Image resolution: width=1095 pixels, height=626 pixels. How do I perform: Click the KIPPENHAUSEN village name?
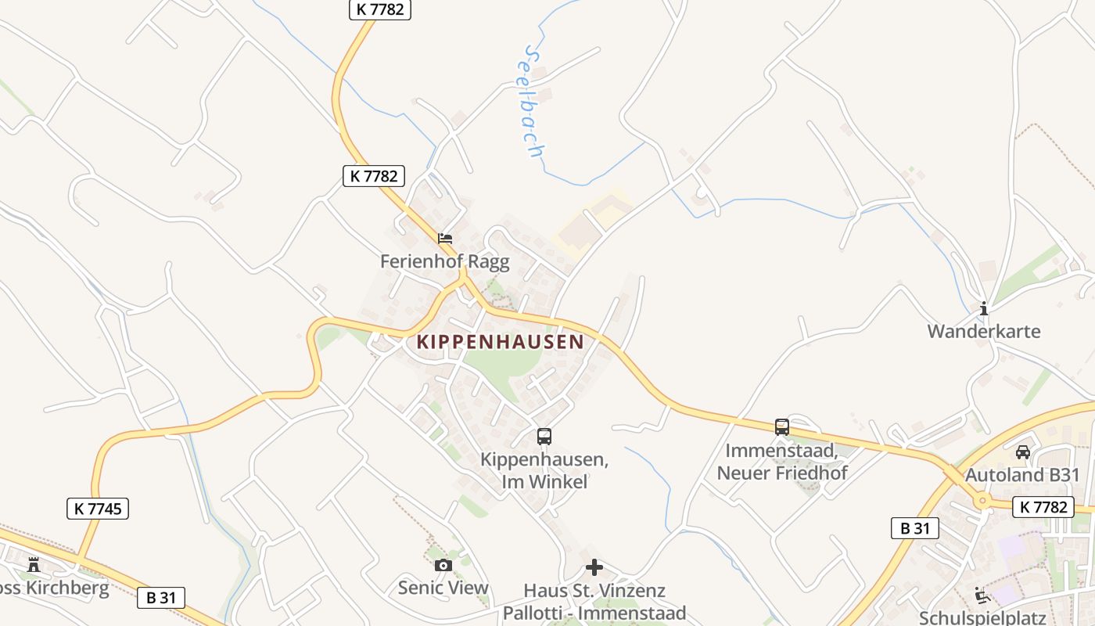point(501,342)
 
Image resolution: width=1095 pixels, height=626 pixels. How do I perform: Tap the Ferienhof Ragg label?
point(444,261)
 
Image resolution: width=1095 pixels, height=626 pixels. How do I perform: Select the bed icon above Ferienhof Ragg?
point(445,238)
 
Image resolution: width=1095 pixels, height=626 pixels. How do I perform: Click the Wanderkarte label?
point(984,331)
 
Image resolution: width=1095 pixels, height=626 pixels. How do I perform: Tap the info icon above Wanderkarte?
point(984,308)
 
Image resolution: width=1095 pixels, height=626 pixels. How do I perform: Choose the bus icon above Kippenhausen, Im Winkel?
point(544,437)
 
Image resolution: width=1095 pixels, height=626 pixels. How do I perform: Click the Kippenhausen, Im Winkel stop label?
point(544,470)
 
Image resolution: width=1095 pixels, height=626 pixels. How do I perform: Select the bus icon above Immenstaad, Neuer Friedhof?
point(782,427)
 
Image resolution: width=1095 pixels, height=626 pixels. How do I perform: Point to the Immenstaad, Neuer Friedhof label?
point(782,462)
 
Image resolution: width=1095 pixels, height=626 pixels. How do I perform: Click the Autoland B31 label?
point(1022,475)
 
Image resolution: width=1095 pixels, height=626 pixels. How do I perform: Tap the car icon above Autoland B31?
point(1022,452)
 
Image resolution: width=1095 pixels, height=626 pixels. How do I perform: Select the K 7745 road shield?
point(98,509)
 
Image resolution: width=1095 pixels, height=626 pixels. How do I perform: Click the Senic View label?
point(443,588)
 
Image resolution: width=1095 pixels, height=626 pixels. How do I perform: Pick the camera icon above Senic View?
point(443,565)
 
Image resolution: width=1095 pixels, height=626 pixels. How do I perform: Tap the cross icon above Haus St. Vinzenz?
point(594,567)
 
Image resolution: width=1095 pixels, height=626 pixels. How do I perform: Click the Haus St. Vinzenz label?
point(594,590)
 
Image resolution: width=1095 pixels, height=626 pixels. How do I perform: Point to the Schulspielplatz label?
point(983,617)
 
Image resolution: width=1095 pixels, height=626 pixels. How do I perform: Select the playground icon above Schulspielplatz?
point(983,595)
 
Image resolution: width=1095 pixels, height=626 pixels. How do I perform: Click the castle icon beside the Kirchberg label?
point(34,564)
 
